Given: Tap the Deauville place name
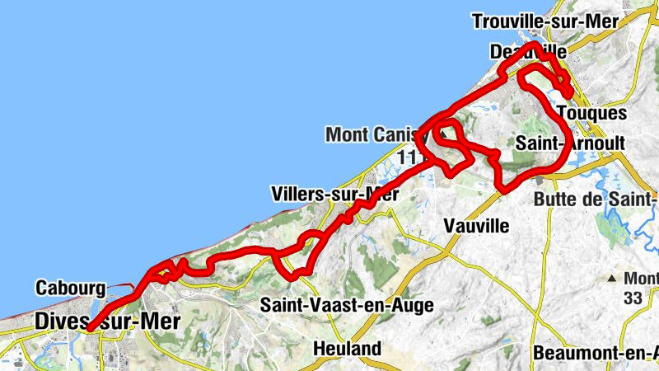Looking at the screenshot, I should pyautogui.click(x=527, y=51).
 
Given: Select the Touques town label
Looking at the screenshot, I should pyautogui.click(x=591, y=113).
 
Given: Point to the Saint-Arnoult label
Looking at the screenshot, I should pyautogui.click(x=570, y=143).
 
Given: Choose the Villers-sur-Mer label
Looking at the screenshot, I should pyautogui.click(x=334, y=195).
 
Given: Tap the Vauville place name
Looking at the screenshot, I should pyautogui.click(x=475, y=225).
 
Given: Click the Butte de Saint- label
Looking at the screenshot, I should pyautogui.click(x=596, y=199).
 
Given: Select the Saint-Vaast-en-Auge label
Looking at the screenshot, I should pyautogui.click(x=347, y=304).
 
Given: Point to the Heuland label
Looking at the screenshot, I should pyautogui.click(x=347, y=349).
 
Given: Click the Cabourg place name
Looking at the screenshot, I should pyautogui.click(x=70, y=289).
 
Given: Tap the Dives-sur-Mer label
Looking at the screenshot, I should pyautogui.click(x=107, y=322).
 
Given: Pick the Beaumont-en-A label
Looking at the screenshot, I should pyautogui.click(x=596, y=353).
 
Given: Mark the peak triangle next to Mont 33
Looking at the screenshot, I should pyautogui.click(x=615, y=279).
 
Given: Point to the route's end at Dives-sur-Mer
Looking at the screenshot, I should pyautogui.click(x=87, y=328).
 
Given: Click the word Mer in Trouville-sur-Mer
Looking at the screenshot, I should pyautogui.click(x=603, y=22).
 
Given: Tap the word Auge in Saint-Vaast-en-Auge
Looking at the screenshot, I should pyautogui.click(x=412, y=305).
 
